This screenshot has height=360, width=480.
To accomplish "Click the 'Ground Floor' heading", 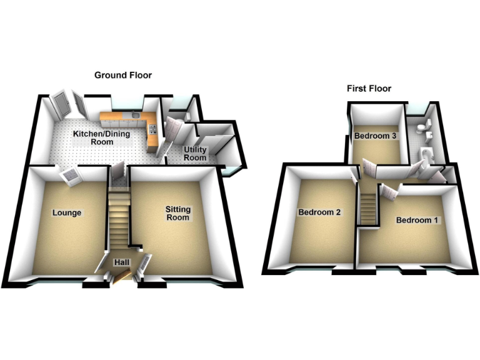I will [x=123, y=75].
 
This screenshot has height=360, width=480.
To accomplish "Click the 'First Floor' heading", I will [x=369, y=89].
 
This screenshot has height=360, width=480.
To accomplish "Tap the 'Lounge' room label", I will [x=66, y=212].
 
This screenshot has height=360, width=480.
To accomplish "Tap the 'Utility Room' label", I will [x=195, y=154].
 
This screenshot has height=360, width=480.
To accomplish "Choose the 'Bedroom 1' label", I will [x=417, y=220].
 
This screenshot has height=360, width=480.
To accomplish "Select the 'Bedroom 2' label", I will [x=319, y=212].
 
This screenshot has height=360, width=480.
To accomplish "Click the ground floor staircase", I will [x=119, y=219].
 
